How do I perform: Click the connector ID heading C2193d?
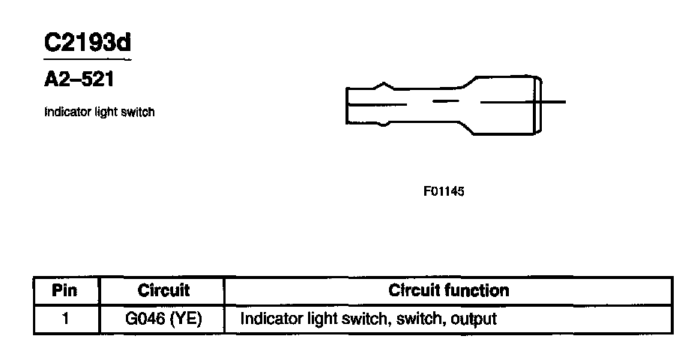(x=87, y=42)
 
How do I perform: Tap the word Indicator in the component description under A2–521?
(x=63, y=112)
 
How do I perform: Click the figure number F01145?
(x=444, y=191)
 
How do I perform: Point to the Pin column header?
(x=66, y=290)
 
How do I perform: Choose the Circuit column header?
(x=163, y=290)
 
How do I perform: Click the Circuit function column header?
(x=448, y=290)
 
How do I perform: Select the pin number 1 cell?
(x=66, y=319)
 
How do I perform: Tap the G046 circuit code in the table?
(x=145, y=319)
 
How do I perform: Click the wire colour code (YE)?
(x=186, y=319)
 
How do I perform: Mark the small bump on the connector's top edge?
(x=384, y=85)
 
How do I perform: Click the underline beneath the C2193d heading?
(x=87, y=58)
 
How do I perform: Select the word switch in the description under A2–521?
(x=140, y=112)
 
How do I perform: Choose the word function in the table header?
(x=477, y=290)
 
